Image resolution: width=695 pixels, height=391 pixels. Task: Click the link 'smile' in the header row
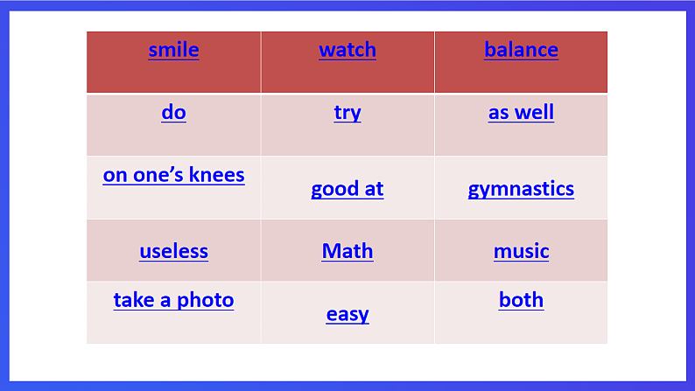(x=173, y=50)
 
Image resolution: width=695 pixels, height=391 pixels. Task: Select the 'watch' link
(x=347, y=50)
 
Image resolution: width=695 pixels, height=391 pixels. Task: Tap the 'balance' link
(x=521, y=50)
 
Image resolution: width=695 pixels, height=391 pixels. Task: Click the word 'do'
(x=173, y=113)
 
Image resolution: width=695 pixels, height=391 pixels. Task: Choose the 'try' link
(x=347, y=113)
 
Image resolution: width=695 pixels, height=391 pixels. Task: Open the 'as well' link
(x=521, y=113)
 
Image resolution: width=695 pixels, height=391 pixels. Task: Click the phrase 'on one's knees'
(x=173, y=175)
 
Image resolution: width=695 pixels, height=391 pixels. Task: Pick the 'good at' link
(x=347, y=189)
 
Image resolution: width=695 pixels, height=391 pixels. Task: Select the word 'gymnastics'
(x=521, y=189)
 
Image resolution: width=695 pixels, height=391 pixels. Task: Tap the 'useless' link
(x=173, y=252)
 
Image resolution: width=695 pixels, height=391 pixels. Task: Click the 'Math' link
(x=347, y=252)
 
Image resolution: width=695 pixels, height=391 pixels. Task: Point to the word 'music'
(x=521, y=252)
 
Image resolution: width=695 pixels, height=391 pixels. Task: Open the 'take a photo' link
(x=173, y=301)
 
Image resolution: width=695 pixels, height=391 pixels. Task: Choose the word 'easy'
(x=347, y=314)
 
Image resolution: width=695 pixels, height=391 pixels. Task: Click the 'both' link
(x=521, y=301)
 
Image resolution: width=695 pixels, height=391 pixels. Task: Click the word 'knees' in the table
(x=219, y=175)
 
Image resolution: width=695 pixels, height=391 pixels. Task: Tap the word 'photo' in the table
(x=206, y=301)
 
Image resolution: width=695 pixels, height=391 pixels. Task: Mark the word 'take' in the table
(x=133, y=301)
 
